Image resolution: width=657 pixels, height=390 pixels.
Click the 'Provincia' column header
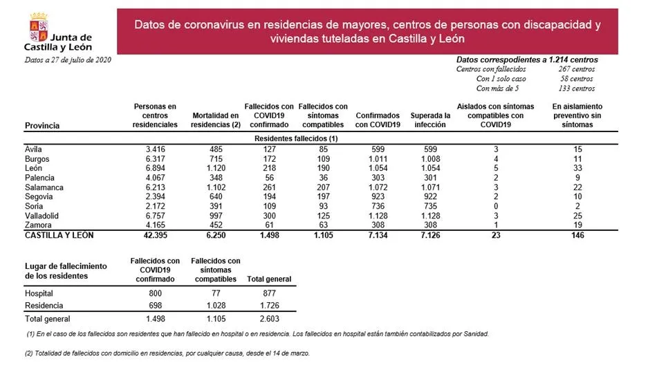42,125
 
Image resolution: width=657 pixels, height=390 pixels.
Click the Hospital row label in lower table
39,293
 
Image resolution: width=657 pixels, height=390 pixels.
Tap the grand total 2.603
268,319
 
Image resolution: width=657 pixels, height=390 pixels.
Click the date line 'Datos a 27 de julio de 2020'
68,60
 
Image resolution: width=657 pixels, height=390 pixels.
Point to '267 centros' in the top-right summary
577,69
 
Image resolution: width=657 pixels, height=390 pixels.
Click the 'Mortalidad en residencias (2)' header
215,120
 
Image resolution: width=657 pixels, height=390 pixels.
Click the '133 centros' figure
577,89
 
